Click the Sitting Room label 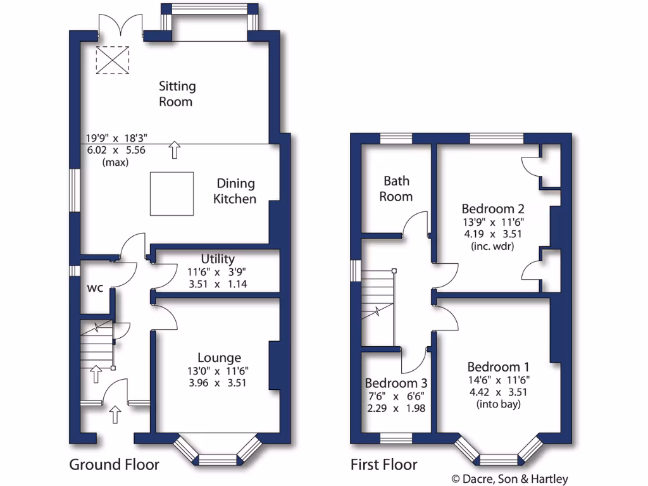[177, 93]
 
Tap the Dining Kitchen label [235, 191]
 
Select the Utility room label [218, 259]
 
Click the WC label [96, 289]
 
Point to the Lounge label [218, 358]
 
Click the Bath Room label [396, 189]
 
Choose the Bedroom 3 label [396, 383]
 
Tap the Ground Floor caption [114, 465]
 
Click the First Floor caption [384, 465]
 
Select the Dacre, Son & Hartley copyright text [509, 479]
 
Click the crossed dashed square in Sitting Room [112, 61]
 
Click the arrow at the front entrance [115, 415]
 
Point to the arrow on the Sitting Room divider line [175, 150]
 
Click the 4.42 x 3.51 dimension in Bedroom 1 [498, 392]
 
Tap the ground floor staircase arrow [95, 373]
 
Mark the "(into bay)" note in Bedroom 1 [498, 404]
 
